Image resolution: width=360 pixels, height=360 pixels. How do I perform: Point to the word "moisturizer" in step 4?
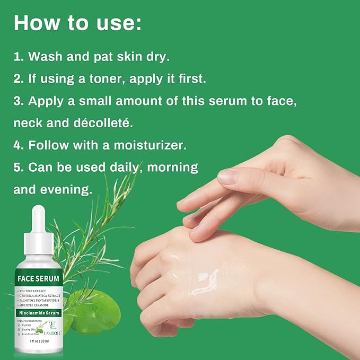pos(159,145)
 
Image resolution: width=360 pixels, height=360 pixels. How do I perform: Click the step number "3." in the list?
pos(19,101)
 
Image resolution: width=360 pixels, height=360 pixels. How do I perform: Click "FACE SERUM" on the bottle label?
pos(38,278)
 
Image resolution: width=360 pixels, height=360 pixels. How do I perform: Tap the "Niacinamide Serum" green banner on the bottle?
pos(38,313)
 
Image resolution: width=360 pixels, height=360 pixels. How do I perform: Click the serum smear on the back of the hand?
pos(204,282)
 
